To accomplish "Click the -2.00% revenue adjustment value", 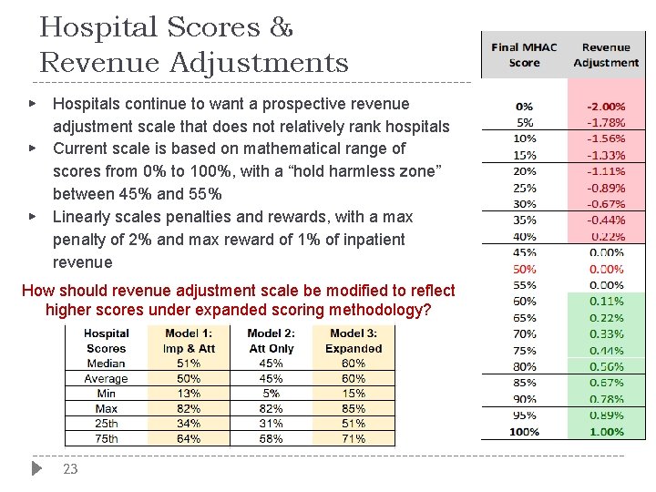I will (x=606, y=106).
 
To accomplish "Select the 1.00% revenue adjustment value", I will (x=606, y=432).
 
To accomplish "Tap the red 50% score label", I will (x=525, y=269).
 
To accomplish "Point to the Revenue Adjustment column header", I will (x=606, y=55).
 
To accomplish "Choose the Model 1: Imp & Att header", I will (x=190, y=341).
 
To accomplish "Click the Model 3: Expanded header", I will (x=354, y=341).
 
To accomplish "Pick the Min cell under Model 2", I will (x=271, y=394).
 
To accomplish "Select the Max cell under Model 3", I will (x=354, y=408).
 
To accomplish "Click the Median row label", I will (x=106, y=364).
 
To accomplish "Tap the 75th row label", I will (x=106, y=438).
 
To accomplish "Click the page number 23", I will (x=70, y=469).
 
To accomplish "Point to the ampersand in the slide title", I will (x=282, y=27).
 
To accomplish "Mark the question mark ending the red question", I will (x=426, y=310).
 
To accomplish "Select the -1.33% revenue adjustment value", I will (x=606, y=155).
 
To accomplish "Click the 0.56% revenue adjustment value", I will (x=606, y=366).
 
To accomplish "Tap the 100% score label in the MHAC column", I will (x=525, y=432).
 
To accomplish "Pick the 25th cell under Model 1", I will (x=190, y=424).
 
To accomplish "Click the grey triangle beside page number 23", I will (x=36, y=468).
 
